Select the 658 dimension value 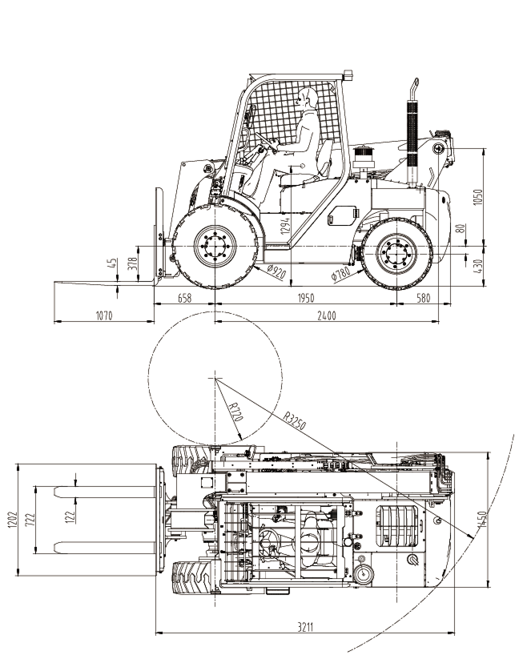pyautogui.click(x=184, y=298)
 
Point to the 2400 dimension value pyautogui.click(x=326, y=315)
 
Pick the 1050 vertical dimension pyautogui.click(x=478, y=196)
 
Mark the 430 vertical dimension pyautogui.click(x=478, y=266)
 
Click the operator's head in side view pyautogui.click(x=304, y=100)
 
